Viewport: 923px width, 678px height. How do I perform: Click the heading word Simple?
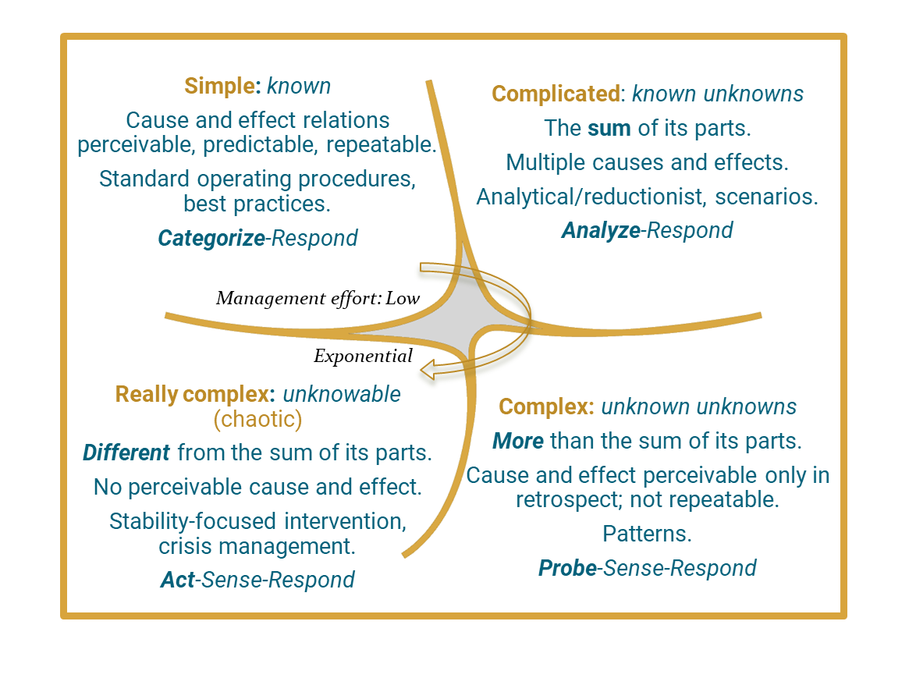coord(221,85)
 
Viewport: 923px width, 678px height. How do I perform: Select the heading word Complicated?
coord(555,94)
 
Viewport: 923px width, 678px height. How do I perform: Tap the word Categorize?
coord(211,238)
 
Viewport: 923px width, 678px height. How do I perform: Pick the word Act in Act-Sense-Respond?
coord(178,580)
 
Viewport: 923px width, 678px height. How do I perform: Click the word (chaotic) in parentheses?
coord(257,420)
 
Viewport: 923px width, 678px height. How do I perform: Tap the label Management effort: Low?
coord(318,298)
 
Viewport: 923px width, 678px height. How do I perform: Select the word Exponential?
coord(363,357)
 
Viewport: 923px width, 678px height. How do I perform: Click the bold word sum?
coord(609,128)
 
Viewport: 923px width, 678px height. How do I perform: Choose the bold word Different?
coord(126,453)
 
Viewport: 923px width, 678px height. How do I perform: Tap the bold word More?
coord(517,441)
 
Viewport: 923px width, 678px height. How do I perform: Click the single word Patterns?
coord(647,534)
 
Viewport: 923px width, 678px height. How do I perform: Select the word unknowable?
coord(342,394)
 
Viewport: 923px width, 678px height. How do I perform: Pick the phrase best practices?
coord(257,204)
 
